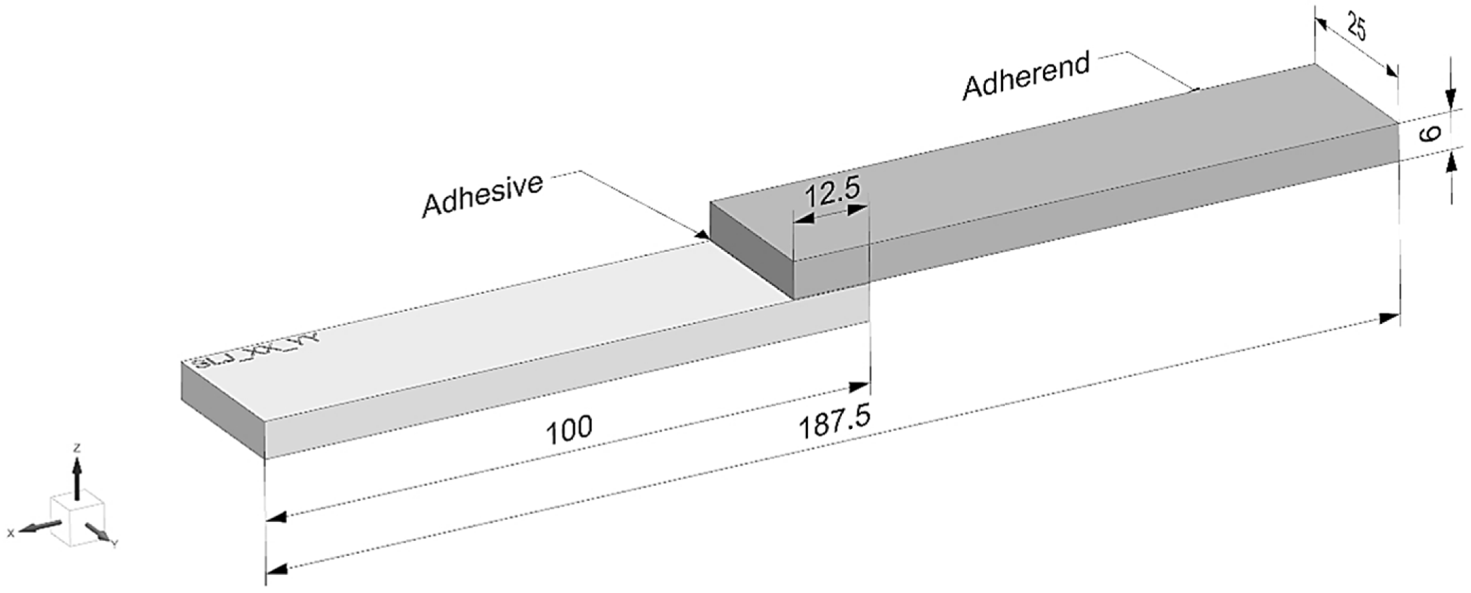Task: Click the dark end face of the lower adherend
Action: (223, 409)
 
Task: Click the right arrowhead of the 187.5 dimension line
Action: (1389, 318)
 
